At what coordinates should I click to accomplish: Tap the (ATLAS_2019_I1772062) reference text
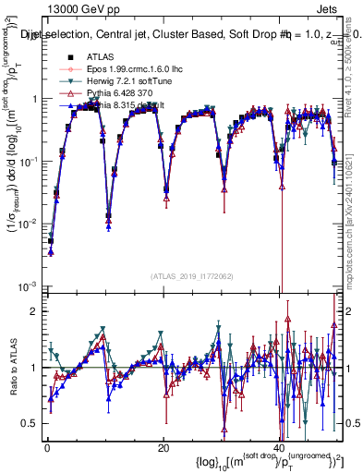(x=191, y=275)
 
